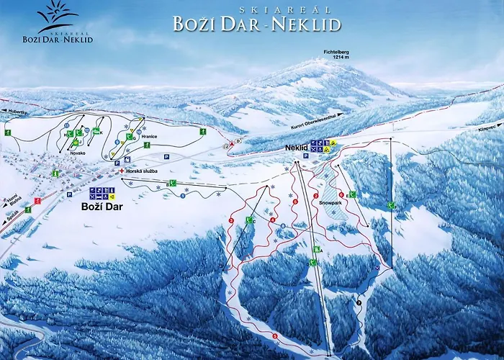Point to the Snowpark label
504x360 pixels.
(330, 203)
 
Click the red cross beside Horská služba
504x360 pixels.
(122, 170)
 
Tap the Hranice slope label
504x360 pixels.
(150, 136)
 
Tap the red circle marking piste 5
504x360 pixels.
(231, 220)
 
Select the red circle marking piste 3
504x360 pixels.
(275, 336)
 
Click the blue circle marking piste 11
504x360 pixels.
(66, 125)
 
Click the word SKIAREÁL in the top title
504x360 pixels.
(256, 11)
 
